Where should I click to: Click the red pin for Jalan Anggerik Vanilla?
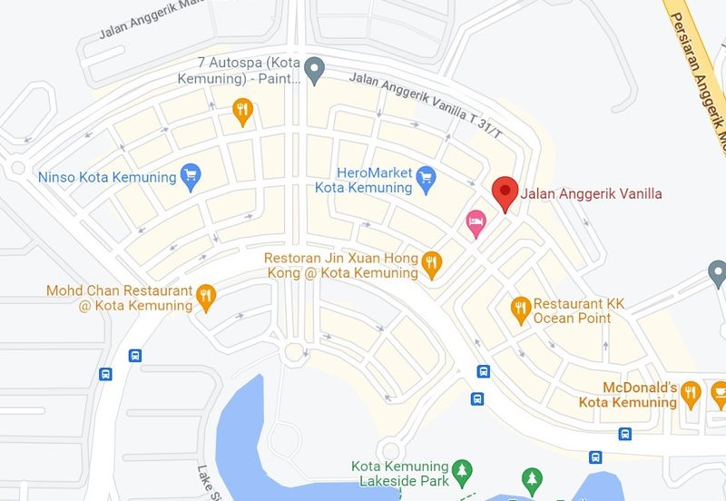505,193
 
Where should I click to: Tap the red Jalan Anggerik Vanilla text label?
592,193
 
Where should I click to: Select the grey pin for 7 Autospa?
314,68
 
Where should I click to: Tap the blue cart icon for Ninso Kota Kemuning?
190,176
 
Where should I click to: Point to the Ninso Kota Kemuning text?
106,177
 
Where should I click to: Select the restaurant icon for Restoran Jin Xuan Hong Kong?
432,265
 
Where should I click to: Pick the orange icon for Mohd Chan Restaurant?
206,296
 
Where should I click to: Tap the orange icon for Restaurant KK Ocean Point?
520,309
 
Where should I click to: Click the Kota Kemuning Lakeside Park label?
400,473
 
